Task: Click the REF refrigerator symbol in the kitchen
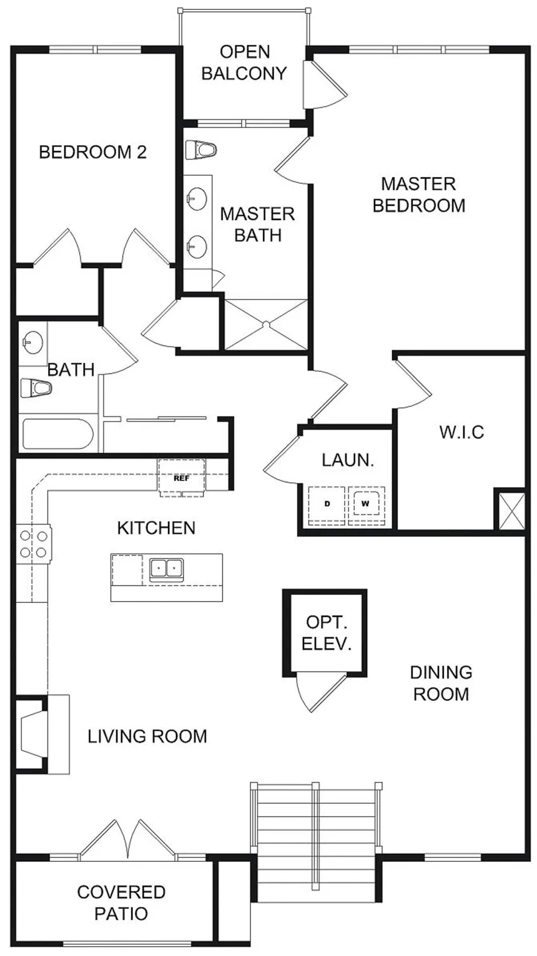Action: [x=182, y=478]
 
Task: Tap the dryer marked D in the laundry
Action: [x=327, y=505]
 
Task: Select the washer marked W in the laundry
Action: [x=366, y=505]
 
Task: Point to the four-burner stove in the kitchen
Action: [x=33, y=544]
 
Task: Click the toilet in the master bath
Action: [x=201, y=150]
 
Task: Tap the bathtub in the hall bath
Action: [x=57, y=433]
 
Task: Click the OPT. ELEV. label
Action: [x=327, y=633]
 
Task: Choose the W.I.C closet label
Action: [x=461, y=432]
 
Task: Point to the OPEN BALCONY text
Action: [x=244, y=63]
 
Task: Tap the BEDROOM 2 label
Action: [x=92, y=152]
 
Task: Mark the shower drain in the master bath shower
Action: [x=266, y=325]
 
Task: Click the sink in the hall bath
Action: [x=32, y=343]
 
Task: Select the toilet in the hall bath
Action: [x=36, y=388]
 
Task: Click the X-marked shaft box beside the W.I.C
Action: [x=510, y=509]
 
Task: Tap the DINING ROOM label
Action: [x=441, y=683]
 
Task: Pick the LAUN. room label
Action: [x=348, y=460]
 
